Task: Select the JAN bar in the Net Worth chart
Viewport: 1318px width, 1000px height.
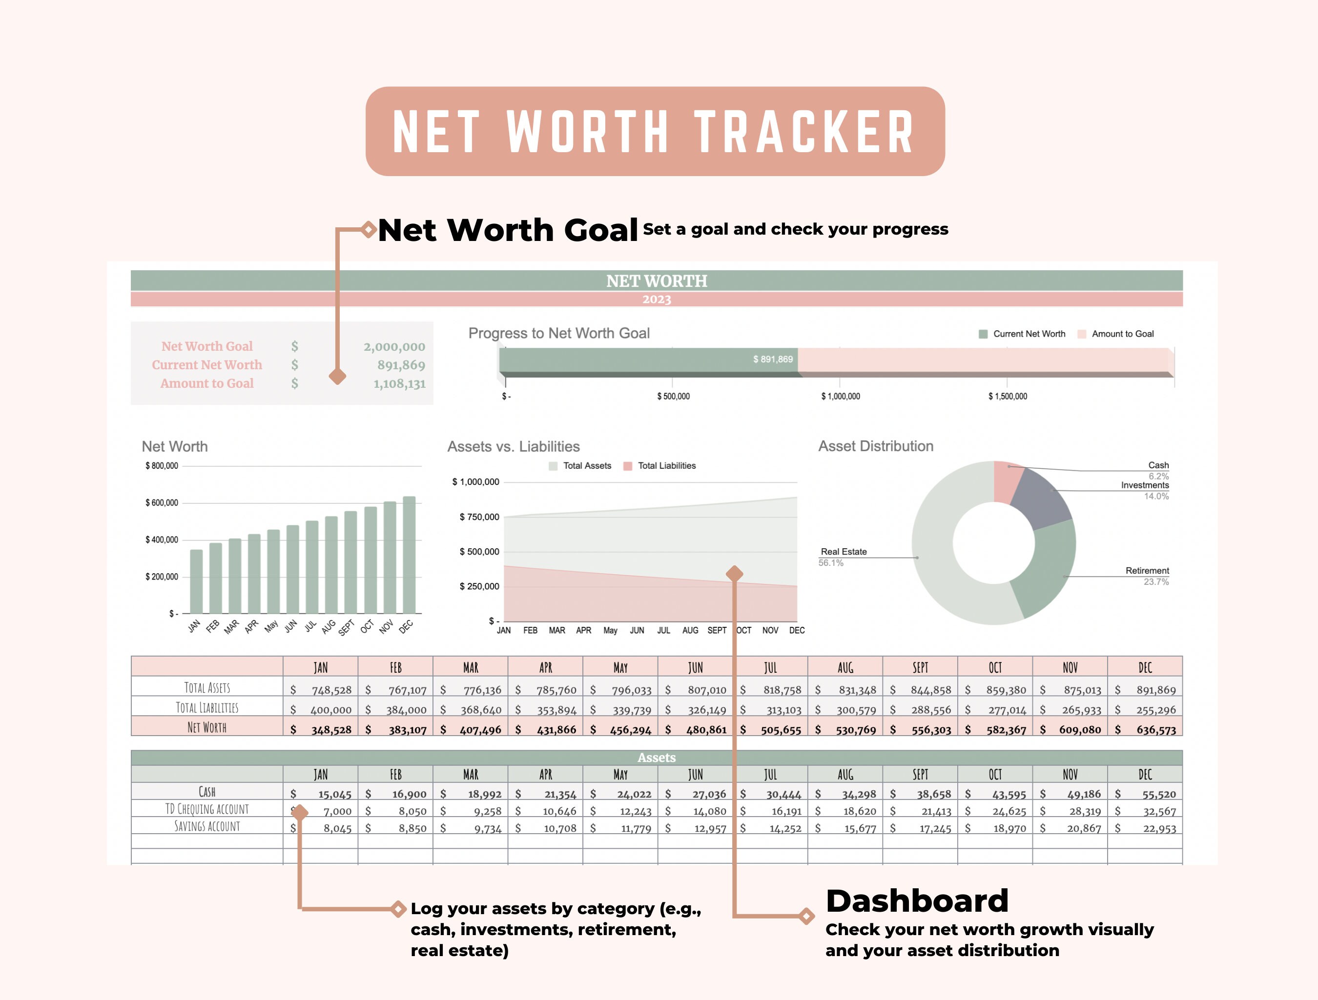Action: click(x=196, y=581)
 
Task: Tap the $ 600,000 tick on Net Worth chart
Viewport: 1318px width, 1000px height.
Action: click(x=162, y=502)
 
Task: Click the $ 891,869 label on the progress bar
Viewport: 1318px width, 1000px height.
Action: click(x=773, y=359)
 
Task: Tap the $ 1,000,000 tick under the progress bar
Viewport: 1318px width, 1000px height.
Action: click(x=840, y=396)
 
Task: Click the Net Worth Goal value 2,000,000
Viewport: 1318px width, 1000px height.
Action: click(x=394, y=347)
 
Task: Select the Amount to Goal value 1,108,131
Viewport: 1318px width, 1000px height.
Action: click(x=399, y=383)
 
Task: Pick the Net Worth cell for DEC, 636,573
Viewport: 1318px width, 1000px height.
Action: click(x=1155, y=730)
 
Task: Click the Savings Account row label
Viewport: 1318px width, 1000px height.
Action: click(x=207, y=826)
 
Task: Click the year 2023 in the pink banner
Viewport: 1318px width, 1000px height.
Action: click(x=656, y=299)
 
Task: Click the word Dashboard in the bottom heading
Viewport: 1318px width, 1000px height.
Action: click(x=916, y=900)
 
